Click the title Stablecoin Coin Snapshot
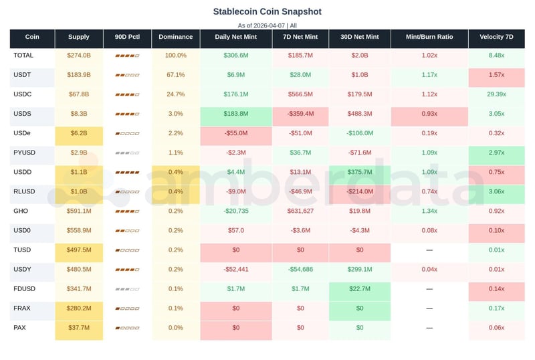tap(267, 11)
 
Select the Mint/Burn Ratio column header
tap(429, 37)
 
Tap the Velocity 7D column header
tap(496, 37)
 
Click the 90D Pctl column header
tap(127, 37)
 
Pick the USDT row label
tap(23, 75)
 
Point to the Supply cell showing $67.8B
tap(79, 94)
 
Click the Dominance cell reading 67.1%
tap(175, 75)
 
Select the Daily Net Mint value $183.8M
tap(236, 114)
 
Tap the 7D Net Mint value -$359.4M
tap(300, 114)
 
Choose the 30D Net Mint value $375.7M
tap(360, 172)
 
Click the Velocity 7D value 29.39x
tap(496, 94)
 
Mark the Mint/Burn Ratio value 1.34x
tap(429, 211)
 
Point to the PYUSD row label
tap(25, 153)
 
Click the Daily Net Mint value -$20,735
tap(236, 211)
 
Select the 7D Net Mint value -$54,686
tap(300, 269)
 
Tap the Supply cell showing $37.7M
tap(79, 327)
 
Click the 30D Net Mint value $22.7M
tap(360, 288)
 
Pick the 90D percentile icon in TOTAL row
tap(127, 56)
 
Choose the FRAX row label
tap(23, 308)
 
